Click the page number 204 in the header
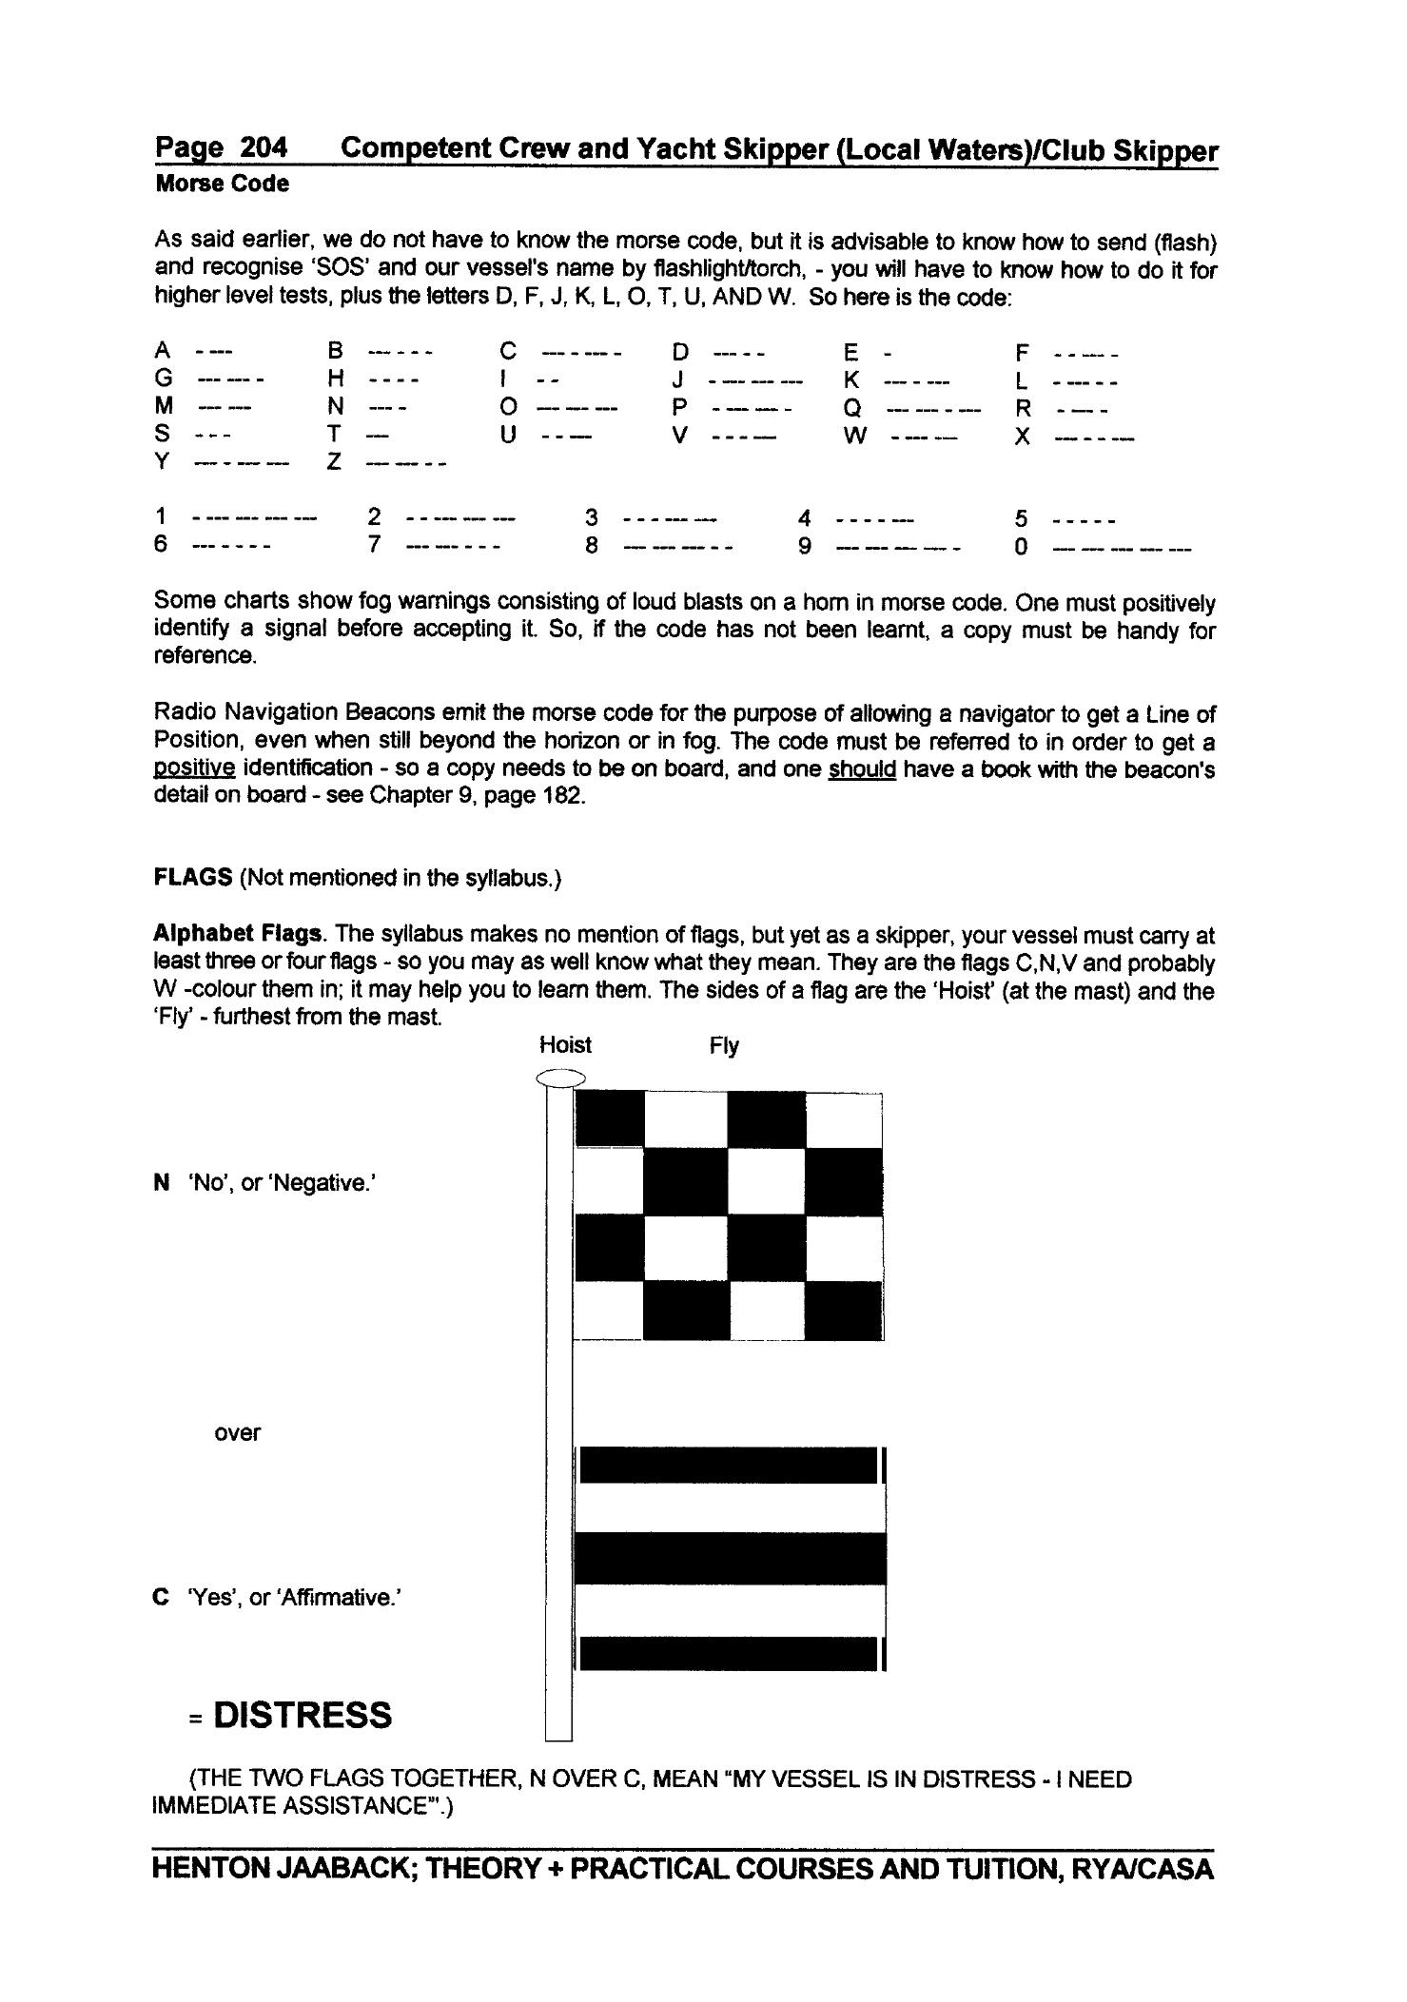click(x=263, y=147)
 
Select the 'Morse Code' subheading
click(x=222, y=184)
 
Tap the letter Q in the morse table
click(x=852, y=408)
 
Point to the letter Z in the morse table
click(x=334, y=463)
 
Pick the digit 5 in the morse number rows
click(x=1021, y=518)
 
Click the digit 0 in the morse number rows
click(x=1021, y=547)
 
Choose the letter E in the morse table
click(x=850, y=353)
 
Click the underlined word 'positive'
click(x=194, y=768)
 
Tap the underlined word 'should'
click(x=862, y=768)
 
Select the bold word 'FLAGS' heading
click(x=193, y=877)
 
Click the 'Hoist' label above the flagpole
click(x=565, y=1045)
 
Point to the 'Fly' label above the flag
click(x=723, y=1046)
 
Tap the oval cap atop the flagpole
click(x=559, y=1078)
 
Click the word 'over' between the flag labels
click(x=237, y=1432)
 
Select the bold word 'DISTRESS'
click(x=303, y=1715)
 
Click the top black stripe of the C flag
click(x=728, y=1465)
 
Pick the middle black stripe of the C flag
click(x=730, y=1558)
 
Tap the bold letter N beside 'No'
click(x=161, y=1183)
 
